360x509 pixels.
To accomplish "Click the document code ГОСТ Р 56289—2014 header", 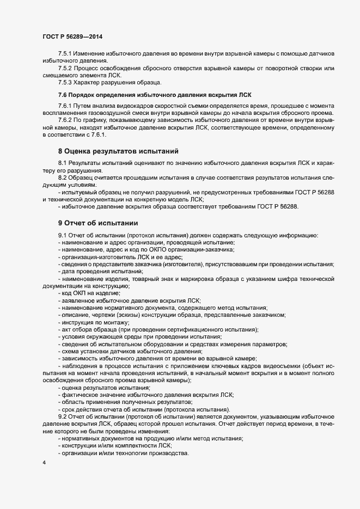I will pyautogui.click(x=72, y=36).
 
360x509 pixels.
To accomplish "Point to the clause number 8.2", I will pyautogui.click(x=63, y=178).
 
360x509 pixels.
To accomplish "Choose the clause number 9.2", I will pyautogui.click(x=63, y=416).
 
